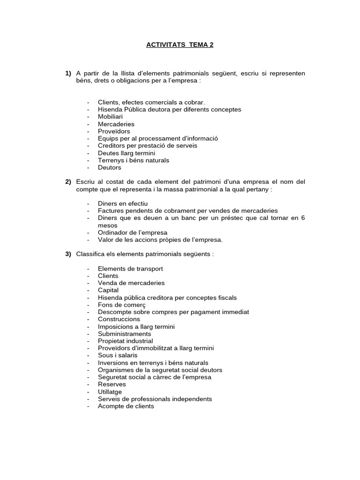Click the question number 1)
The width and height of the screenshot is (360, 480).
(x=68, y=73)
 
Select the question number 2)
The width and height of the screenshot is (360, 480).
(x=68, y=181)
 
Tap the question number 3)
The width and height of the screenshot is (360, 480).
(x=68, y=254)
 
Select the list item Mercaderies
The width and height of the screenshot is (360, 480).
(x=116, y=124)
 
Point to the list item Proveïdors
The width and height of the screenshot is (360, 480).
(x=114, y=131)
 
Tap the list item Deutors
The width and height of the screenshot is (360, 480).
(x=109, y=167)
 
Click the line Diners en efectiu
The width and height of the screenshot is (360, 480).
(x=122, y=203)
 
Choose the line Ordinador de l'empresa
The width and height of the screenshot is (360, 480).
(x=132, y=232)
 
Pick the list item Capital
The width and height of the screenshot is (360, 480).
(x=108, y=290)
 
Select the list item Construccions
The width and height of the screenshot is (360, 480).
(x=119, y=319)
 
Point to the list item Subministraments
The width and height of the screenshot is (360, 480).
(x=124, y=334)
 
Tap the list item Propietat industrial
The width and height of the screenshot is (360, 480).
(x=125, y=341)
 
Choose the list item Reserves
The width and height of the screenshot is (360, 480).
(x=112, y=384)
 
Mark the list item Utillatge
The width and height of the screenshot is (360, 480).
(x=110, y=391)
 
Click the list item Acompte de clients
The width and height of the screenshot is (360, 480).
(x=126, y=406)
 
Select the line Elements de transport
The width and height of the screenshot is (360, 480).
(x=130, y=269)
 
